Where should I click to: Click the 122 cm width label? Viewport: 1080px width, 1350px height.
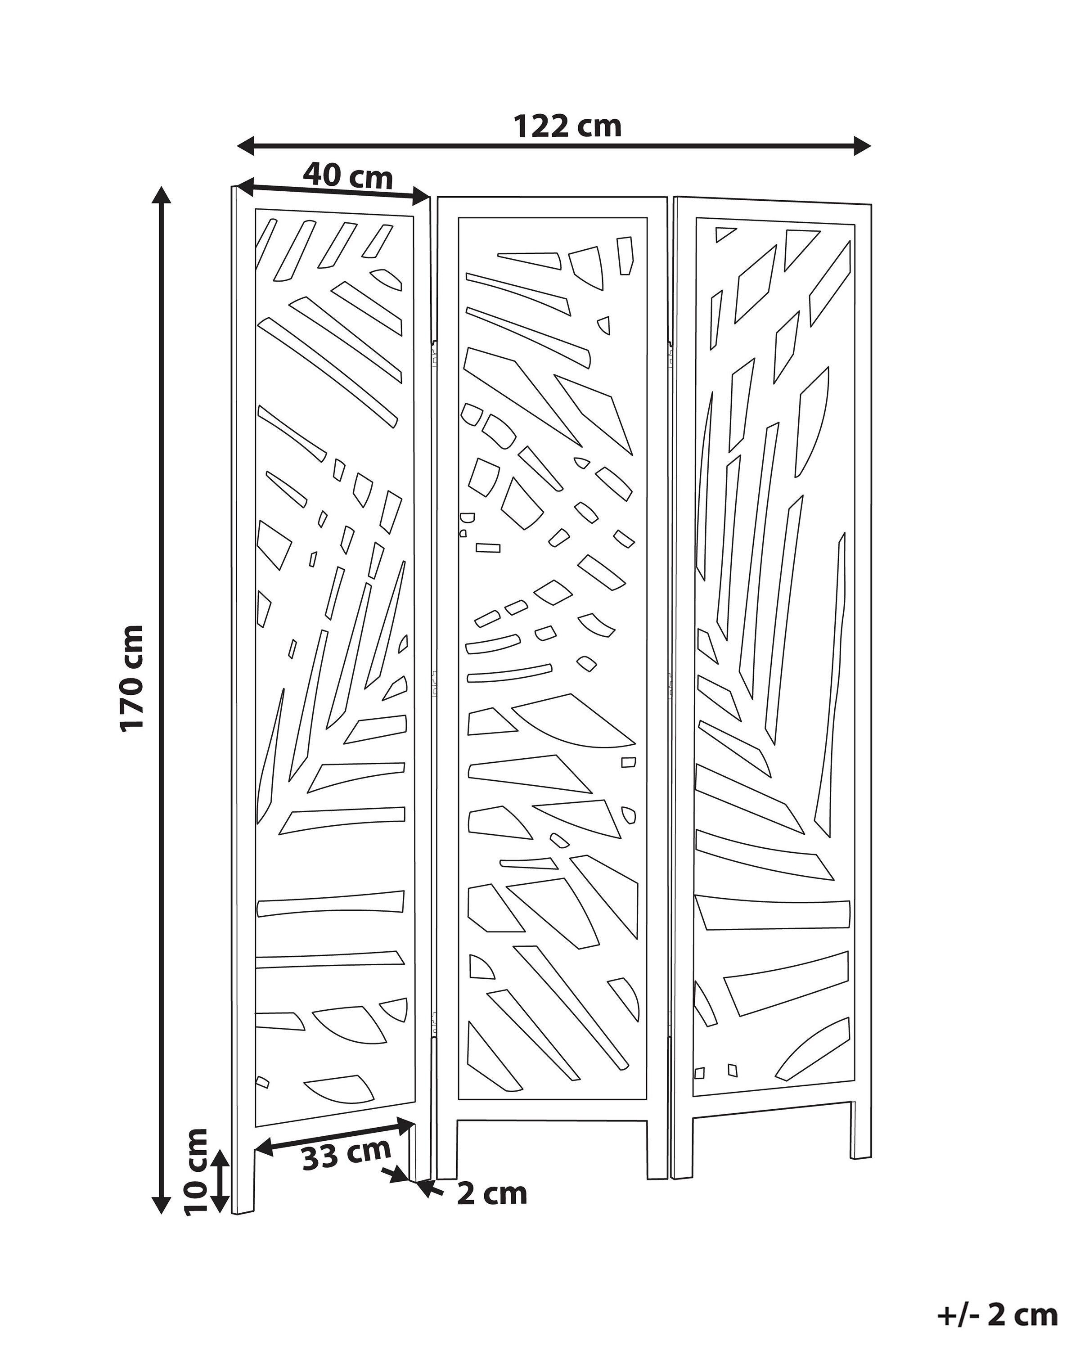pos(567,126)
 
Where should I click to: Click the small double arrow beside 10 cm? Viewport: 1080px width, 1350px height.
pos(219,1181)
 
